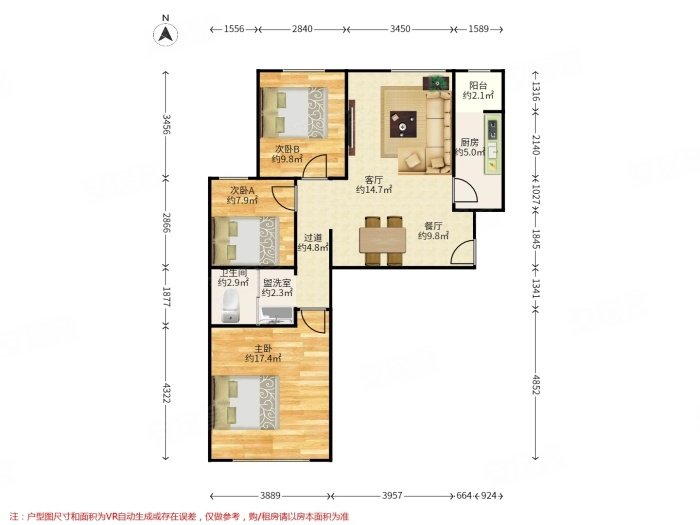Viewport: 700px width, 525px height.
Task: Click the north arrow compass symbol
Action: (166, 33)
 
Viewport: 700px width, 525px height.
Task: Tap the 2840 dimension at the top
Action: (302, 29)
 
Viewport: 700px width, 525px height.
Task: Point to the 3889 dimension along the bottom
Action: (270, 496)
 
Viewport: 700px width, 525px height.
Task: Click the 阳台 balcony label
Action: (478, 86)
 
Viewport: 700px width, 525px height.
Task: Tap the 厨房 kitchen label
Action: (469, 142)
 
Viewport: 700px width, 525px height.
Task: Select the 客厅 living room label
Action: (374, 180)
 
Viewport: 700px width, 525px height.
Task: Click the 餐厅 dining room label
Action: (433, 226)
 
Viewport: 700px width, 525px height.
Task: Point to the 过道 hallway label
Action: (313, 238)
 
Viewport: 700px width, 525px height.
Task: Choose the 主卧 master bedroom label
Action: (263, 348)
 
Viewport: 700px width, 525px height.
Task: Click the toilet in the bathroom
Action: (231, 305)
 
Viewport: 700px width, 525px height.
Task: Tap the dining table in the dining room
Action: (383, 240)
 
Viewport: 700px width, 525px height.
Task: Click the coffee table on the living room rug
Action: (403, 124)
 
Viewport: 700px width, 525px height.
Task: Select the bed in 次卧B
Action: (295, 112)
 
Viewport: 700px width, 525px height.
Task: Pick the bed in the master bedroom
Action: (247, 403)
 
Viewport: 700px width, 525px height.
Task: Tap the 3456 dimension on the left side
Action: (166, 124)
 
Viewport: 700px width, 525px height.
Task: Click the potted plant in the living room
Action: (436, 82)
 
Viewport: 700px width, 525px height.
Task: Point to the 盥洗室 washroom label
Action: (276, 283)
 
